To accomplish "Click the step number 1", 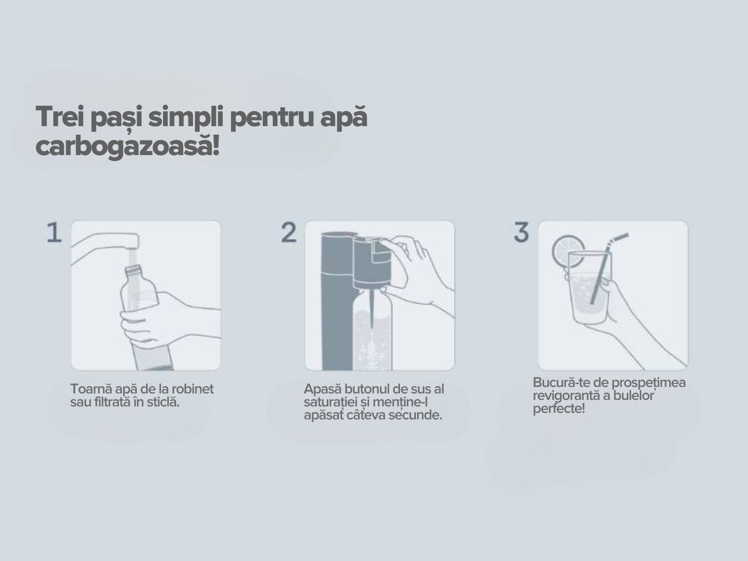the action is click(54, 233).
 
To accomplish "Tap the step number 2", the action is click(289, 233).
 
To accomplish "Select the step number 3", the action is click(522, 233).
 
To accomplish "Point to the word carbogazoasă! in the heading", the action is click(127, 147).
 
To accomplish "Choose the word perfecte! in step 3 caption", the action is click(559, 409).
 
